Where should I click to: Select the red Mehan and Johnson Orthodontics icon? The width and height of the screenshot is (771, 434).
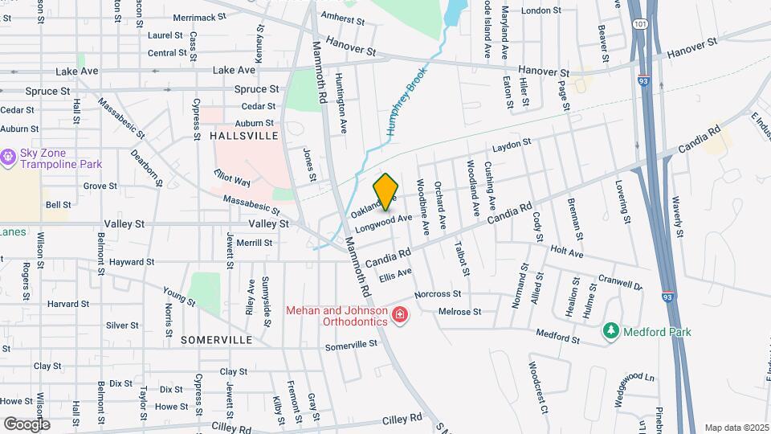click(399, 314)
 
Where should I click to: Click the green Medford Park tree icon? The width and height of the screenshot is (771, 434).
click(611, 330)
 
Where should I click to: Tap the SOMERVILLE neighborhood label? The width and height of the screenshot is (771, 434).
click(216, 340)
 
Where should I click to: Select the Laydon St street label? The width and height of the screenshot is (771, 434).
click(512, 145)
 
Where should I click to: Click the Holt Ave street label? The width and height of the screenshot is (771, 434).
click(567, 252)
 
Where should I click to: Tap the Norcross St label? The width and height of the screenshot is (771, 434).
click(439, 294)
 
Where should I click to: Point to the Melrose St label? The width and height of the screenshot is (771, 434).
click(459, 312)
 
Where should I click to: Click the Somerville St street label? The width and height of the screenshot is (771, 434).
click(351, 346)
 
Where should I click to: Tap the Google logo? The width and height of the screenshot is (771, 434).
click(27, 424)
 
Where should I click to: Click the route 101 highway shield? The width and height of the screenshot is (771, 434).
click(638, 24)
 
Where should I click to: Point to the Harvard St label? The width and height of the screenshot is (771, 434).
click(67, 304)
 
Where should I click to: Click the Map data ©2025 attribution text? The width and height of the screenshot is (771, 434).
click(736, 428)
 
